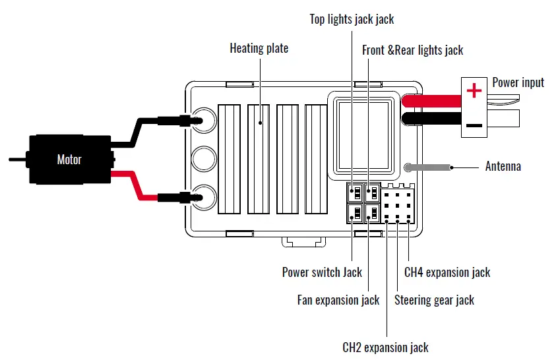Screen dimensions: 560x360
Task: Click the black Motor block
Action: click(70, 160)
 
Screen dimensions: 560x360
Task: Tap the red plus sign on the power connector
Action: click(474, 90)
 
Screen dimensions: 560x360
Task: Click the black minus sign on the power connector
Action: click(474, 125)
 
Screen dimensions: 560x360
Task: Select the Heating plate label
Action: click(259, 48)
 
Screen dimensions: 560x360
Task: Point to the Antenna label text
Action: click(503, 166)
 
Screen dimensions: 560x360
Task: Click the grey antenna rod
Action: click(427, 167)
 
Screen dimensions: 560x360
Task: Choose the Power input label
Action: click(518, 82)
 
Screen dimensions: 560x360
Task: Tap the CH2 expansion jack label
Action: click(385, 347)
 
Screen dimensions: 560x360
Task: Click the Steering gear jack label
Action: click(434, 300)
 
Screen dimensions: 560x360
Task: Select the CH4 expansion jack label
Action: click(447, 272)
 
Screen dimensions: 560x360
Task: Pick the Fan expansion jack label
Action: click(338, 300)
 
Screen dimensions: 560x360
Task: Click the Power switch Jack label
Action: click(322, 272)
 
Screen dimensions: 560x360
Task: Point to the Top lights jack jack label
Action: click(352, 19)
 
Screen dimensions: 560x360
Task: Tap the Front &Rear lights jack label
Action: click(412, 50)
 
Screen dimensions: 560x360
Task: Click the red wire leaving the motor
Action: click(135, 185)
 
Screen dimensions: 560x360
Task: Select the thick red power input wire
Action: click(431, 101)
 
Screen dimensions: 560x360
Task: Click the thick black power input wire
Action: click(431, 119)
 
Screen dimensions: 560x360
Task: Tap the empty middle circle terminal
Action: click(204, 158)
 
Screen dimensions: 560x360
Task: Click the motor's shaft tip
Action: click(10, 160)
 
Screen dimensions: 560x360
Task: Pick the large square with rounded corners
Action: click(363, 136)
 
